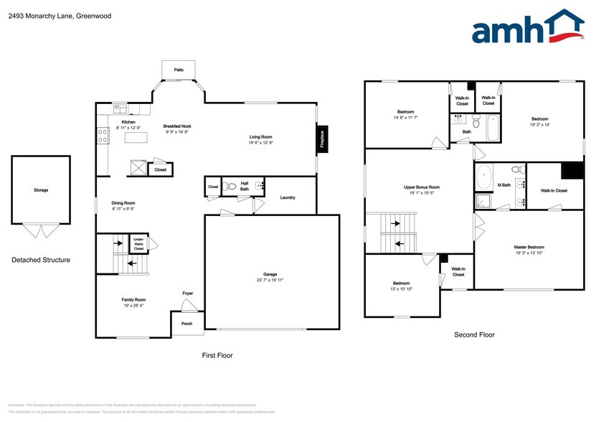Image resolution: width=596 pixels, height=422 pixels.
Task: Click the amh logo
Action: (526, 29)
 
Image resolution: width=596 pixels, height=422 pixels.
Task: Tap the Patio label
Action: (178, 70)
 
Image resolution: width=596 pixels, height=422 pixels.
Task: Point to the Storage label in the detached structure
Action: (41, 190)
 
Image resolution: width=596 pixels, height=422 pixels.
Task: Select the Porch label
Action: (186, 324)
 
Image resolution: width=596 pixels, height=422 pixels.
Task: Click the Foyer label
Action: (188, 293)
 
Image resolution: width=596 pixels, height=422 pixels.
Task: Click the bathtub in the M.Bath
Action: (484, 177)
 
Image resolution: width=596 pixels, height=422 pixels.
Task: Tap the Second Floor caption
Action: (475, 334)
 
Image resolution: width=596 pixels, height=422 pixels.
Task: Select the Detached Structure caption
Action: (41, 260)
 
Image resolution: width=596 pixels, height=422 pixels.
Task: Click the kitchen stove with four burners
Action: (103, 132)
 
